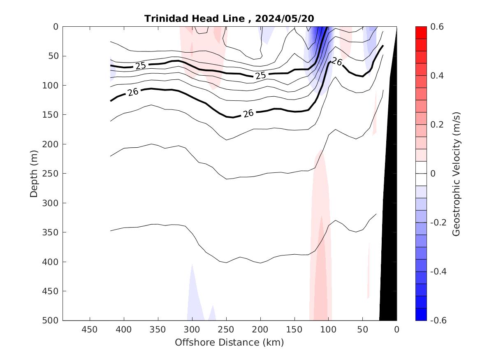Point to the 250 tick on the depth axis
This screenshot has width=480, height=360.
(x=52, y=174)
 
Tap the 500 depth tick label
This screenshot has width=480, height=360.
(x=52, y=321)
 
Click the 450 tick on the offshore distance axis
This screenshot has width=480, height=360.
(x=90, y=330)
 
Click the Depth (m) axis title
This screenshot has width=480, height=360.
(x=35, y=174)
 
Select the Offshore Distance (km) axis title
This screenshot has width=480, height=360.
(x=230, y=342)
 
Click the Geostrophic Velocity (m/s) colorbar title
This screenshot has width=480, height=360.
(x=455, y=174)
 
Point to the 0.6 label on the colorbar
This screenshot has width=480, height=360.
(x=436, y=27)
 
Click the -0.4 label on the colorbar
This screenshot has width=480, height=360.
(x=437, y=272)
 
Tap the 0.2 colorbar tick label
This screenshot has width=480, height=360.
(x=436, y=125)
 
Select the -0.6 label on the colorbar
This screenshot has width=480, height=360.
(x=437, y=321)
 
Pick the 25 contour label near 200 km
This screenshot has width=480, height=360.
(x=260, y=75)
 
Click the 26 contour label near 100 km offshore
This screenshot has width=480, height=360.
(x=337, y=62)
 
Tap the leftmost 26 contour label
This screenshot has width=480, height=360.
(x=133, y=92)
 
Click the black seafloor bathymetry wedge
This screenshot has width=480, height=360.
(x=389, y=247)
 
